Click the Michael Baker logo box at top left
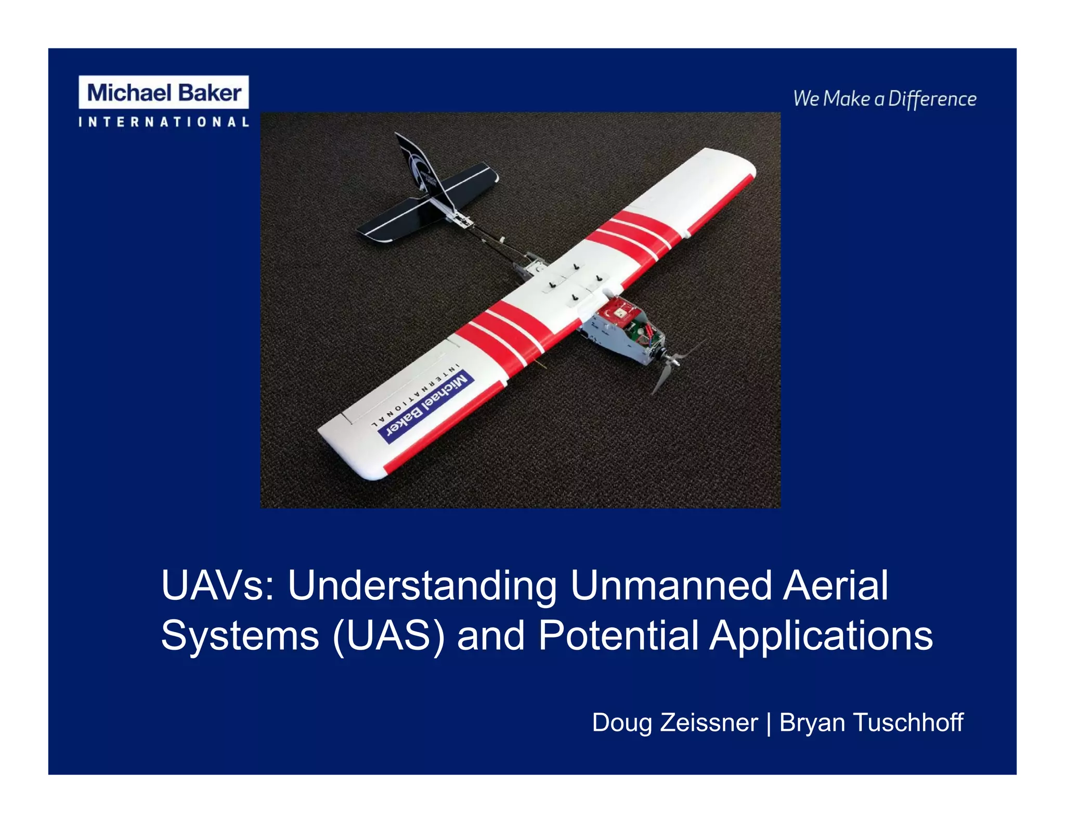[163, 93]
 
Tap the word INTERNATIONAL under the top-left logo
[163, 122]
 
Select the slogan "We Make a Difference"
[885, 99]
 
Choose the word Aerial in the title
[836, 586]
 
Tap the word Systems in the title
[240, 636]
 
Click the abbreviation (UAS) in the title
[388, 636]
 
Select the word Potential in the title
[618, 636]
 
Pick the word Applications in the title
[821, 636]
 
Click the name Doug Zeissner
[675, 723]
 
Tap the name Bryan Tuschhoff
[871, 723]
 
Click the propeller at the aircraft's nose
[673, 364]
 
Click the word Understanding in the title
[422, 586]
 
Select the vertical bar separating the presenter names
[769, 723]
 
